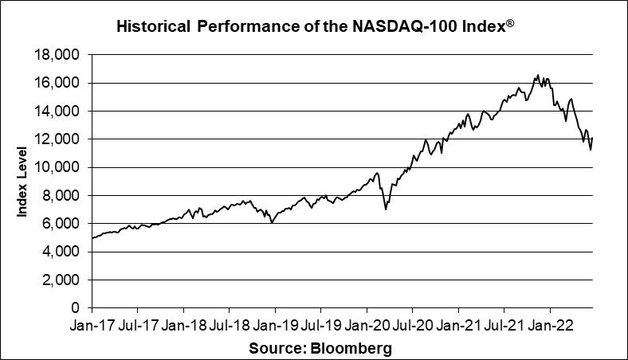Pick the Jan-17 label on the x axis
(x=92, y=327)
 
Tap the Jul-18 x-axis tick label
(x=229, y=327)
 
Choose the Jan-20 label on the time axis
(x=367, y=327)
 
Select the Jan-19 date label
(x=275, y=327)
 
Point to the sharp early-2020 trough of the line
(x=387, y=209)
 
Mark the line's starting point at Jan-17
(x=93, y=238)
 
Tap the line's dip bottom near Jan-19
(x=273, y=222)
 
